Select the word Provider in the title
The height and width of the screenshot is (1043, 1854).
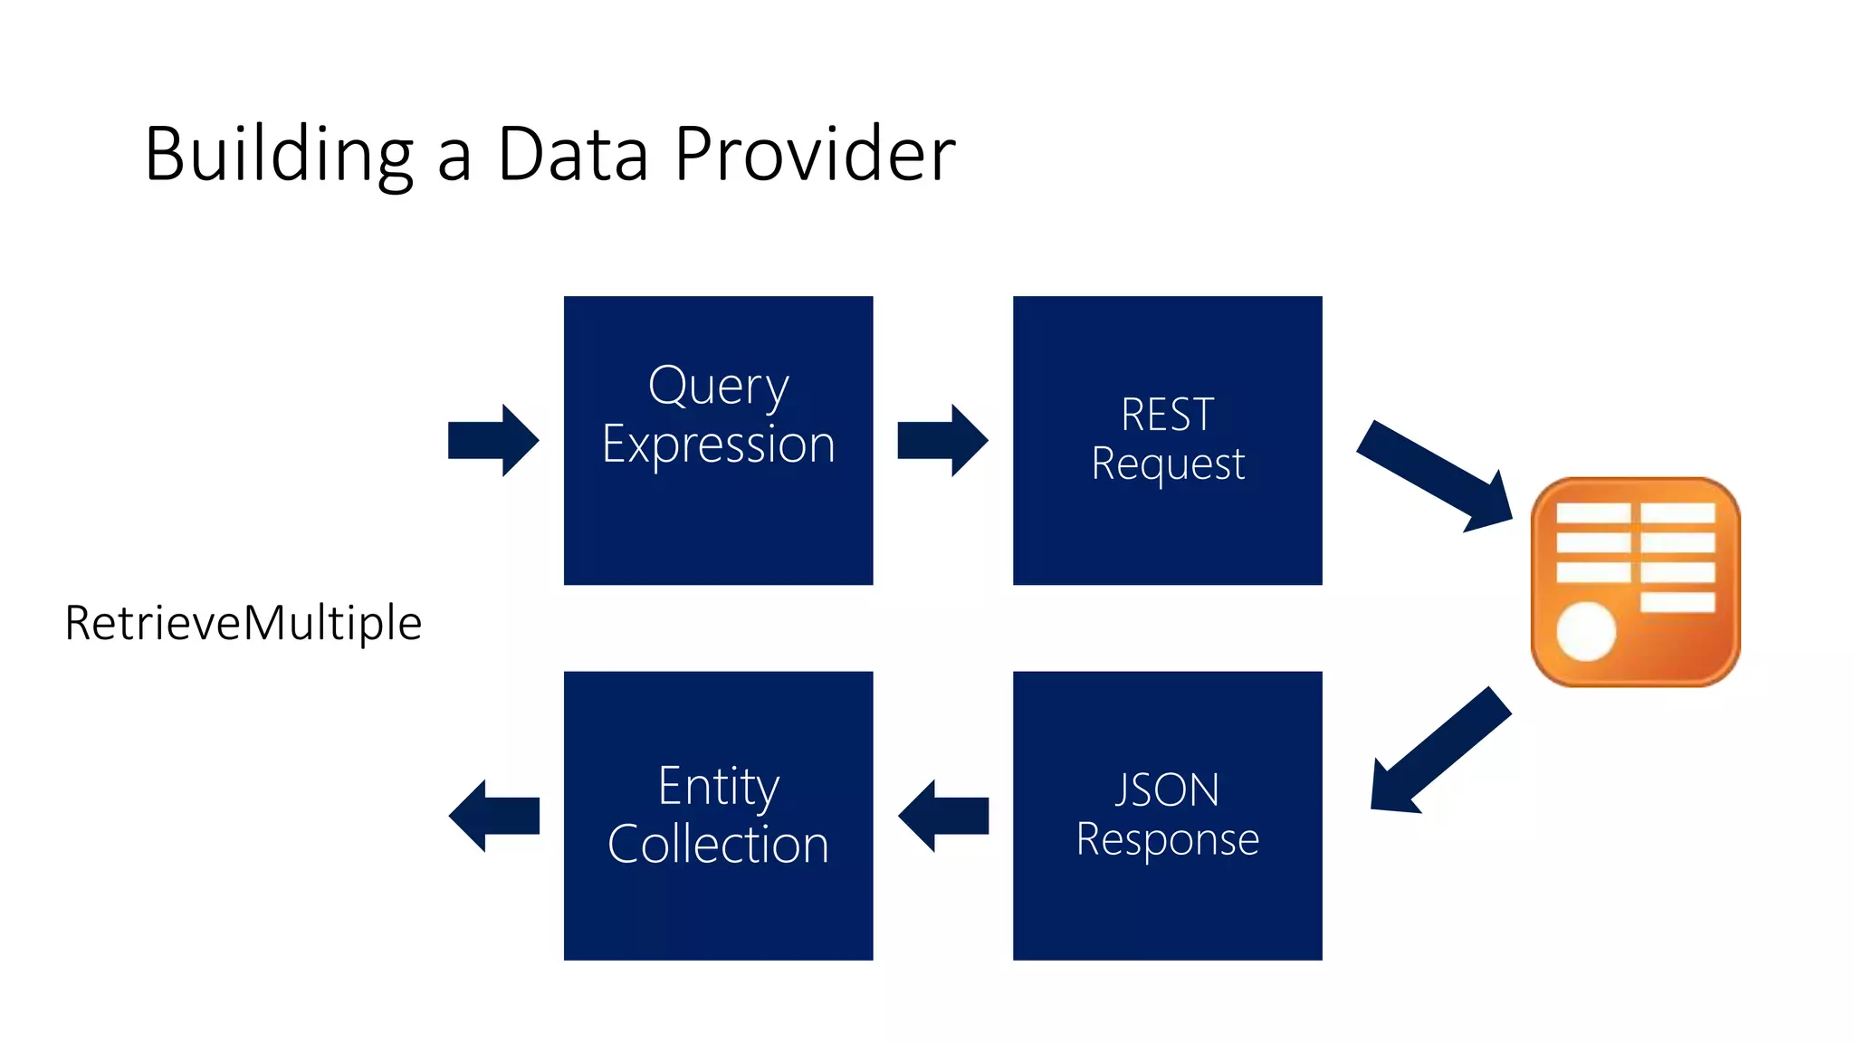point(814,154)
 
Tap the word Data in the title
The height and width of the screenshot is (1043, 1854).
point(572,154)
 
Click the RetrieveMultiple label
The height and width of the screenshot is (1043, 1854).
point(243,623)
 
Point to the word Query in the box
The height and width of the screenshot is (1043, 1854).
point(718,387)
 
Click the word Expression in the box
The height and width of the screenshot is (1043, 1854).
point(718,445)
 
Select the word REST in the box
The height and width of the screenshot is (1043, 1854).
point(1167,415)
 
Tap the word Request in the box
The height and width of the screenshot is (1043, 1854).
point(1167,464)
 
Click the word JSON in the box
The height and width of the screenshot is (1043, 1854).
point(1167,789)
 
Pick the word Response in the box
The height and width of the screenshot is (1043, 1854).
point(1167,839)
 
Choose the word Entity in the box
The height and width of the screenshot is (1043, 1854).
point(718,786)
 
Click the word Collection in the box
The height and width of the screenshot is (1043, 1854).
point(718,844)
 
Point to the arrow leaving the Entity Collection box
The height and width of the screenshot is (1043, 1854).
point(493,816)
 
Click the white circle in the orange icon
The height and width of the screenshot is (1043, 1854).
point(1586,631)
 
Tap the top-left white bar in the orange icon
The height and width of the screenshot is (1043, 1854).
point(1592,513)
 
